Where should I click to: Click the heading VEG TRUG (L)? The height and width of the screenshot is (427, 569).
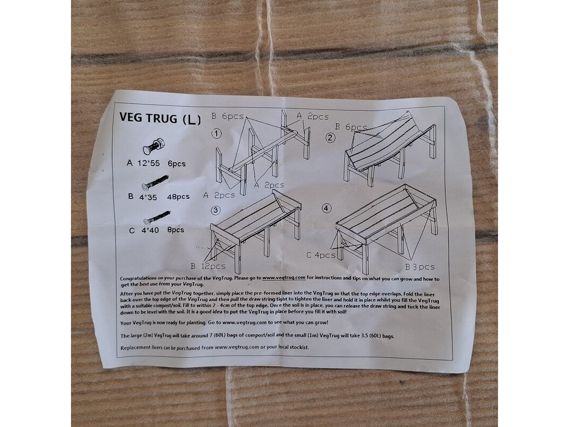[x=160, y=118]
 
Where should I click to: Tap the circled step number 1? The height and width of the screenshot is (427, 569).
[x=217, y=134]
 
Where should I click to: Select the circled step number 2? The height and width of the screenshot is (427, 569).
[x=330, y=138]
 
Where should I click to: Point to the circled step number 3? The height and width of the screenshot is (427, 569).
[x=216, y=210]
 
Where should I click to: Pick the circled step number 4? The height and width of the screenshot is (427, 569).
[x=327, y=208]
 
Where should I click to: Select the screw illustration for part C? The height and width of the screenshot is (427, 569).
[x=157, y=216]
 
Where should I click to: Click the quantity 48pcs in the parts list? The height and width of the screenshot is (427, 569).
[x=178, y=196]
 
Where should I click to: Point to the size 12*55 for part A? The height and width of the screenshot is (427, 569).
[x=148, y=163]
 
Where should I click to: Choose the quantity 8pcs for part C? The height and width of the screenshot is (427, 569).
[x=176, y=230]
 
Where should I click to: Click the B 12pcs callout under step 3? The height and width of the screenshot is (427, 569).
[x=208, y=266]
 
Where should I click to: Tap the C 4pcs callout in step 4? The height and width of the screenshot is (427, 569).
[x=321, y=255]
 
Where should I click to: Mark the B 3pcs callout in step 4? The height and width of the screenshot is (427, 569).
[x=420, y=267]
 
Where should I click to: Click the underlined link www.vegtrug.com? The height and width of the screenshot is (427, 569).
[x=284, y=278]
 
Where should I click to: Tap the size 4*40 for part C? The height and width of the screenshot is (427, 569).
[x=150, y=231]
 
